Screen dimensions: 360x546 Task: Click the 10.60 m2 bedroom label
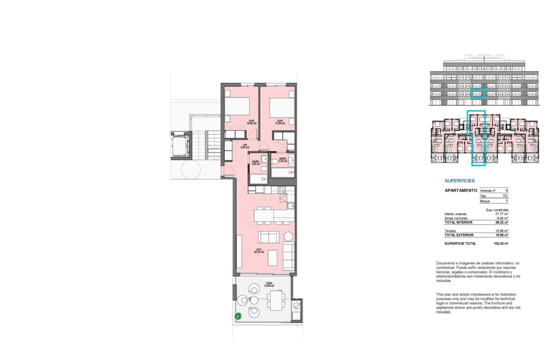(252, 122)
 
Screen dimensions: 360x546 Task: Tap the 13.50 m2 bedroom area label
(280, 122)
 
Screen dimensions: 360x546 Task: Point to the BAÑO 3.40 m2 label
(256, 163)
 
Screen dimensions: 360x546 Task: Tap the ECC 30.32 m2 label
(259, 251)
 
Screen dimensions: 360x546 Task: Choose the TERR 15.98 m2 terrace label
(269, 285)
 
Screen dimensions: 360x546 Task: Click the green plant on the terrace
(238, 316)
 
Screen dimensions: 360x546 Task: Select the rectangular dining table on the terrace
(276, 301)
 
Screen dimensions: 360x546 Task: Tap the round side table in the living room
(288, 236)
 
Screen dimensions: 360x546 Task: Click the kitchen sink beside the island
(291, 206)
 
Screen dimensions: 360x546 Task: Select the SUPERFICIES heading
(459, 180)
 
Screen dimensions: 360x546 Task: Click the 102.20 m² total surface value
(501, 244)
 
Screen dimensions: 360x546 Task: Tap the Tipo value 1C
(505, 196)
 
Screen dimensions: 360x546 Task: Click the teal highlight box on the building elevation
(477, 93)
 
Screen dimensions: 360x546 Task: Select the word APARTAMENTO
(461, 191)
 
